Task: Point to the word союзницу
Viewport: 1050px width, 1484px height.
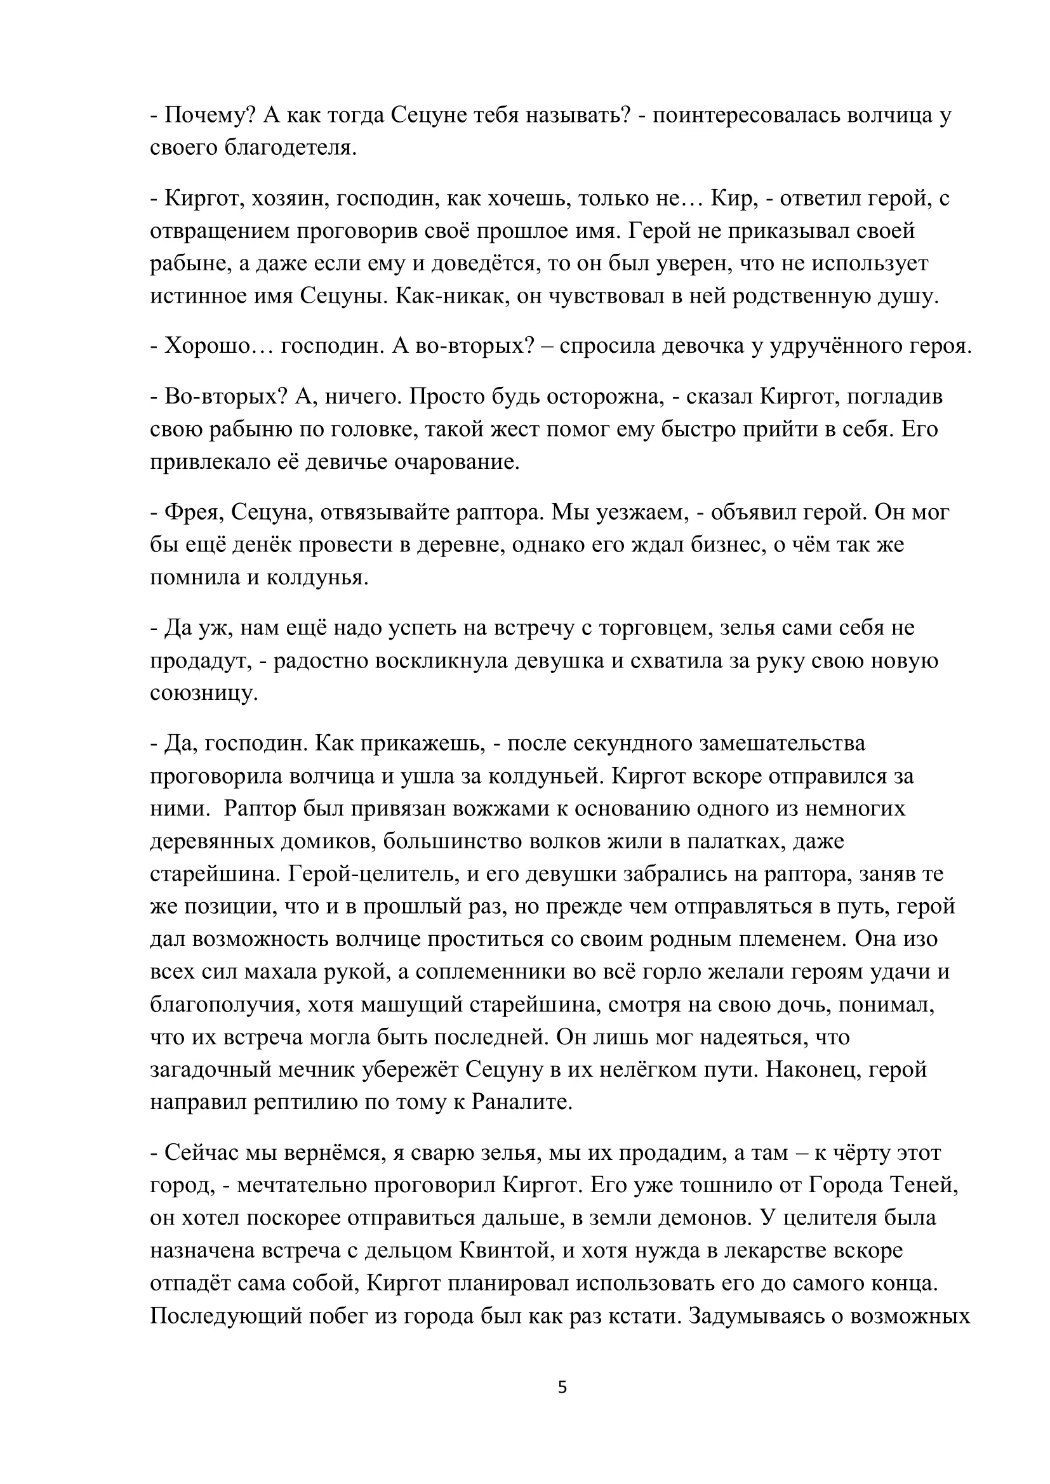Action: tap(204, 693)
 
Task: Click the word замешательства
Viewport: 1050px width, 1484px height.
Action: tap(782, 743)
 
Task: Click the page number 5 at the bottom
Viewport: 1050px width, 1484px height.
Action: tap(562, 1387)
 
